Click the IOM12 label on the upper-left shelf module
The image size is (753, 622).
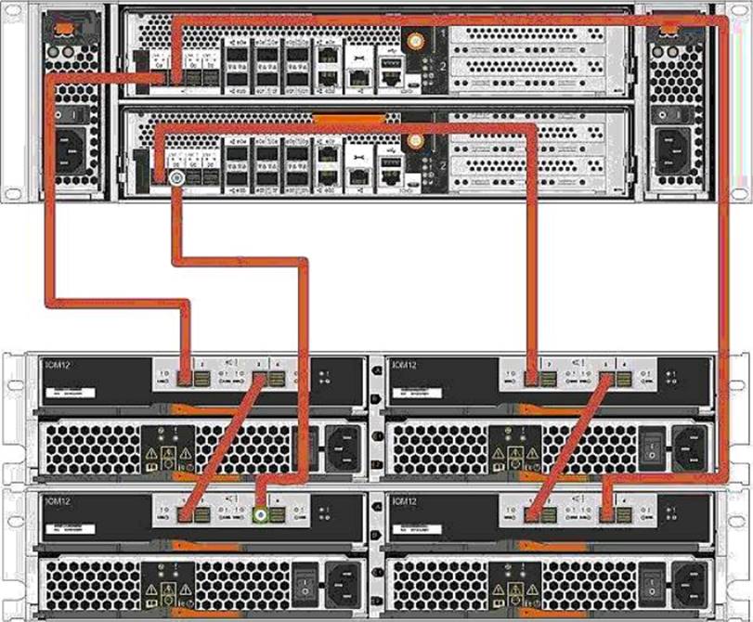pyautogui.click(x=58, y=366)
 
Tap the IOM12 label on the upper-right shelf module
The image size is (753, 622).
pyautogui.click(x=407, y=366)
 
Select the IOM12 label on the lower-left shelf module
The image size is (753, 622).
pyautogui.click(x=58, y=502)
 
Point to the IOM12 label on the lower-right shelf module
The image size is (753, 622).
pyautogui.click(x=407, y=502)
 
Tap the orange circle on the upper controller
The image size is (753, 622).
pyautogui.click(x=415, y=41)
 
